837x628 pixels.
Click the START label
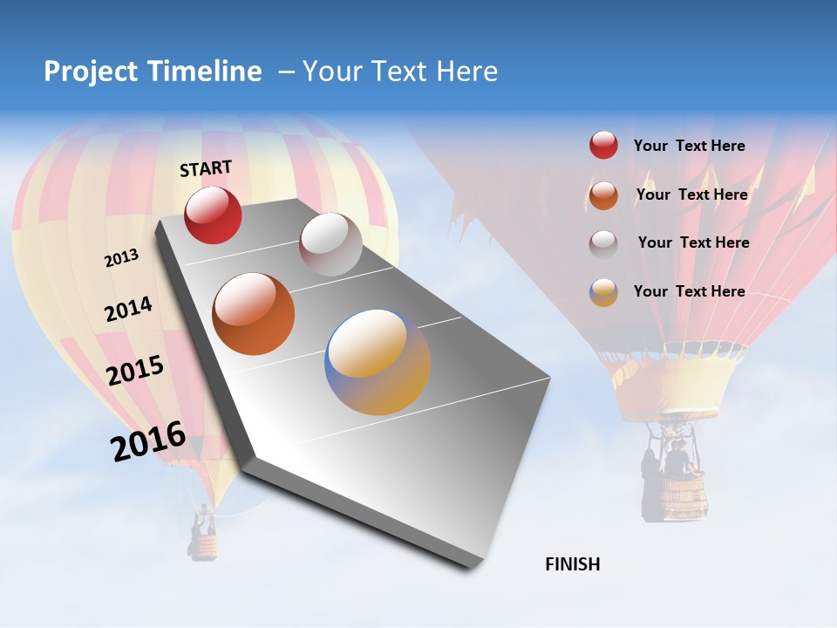(206, 168)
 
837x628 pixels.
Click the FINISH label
(572, 564)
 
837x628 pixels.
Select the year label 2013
(122, 258)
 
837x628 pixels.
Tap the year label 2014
(128, 310)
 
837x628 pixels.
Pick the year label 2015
(135, 371)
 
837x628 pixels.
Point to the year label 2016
(148, 441)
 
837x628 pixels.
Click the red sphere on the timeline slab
(213, 215)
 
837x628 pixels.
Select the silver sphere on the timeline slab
(330, 244)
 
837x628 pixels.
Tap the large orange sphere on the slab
(254, 314)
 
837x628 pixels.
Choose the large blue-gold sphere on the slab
(378, 362)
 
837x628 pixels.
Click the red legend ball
(603, 146)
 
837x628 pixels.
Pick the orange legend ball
(603, 195)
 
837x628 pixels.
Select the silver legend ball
(603, 243)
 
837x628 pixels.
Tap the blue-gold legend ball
(603, 291)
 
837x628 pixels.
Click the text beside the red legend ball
(689, 146)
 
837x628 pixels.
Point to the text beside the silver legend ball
(693, 242)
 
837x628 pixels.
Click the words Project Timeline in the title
(153, 72)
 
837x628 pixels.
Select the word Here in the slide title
(466, 72)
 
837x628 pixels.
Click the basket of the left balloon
(204, 546)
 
